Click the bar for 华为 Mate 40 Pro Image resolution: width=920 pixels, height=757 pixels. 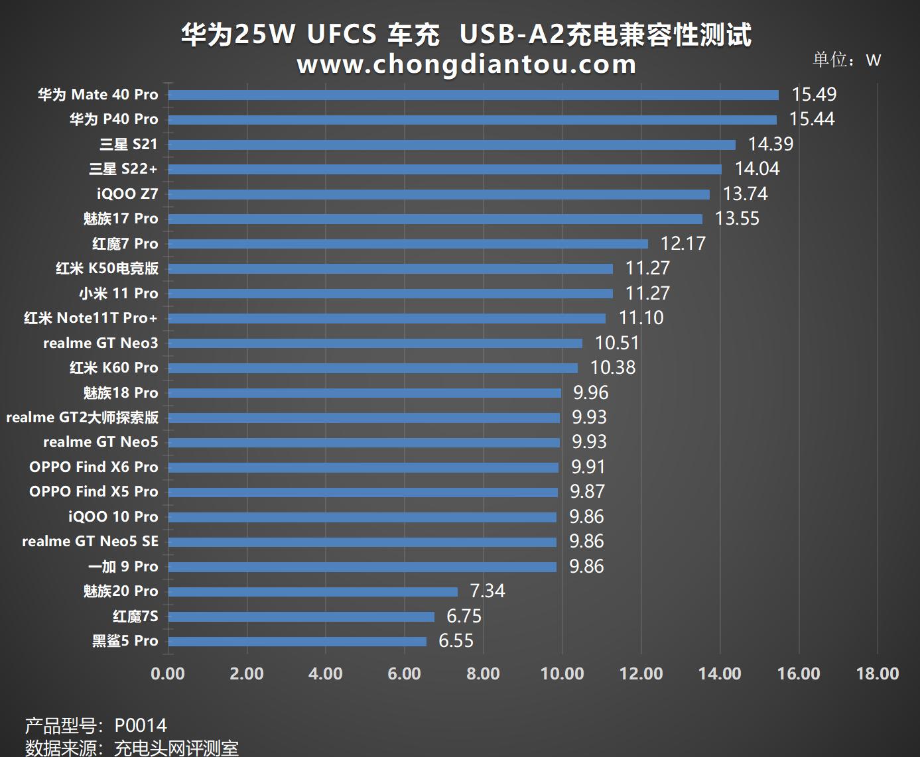click(x=473, y=95)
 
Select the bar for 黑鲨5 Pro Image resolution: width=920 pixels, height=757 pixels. click(x=297, y=641)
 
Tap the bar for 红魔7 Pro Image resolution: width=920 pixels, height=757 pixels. click(x=408, y=244)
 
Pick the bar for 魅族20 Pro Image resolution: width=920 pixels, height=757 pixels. click(x=312, y=591)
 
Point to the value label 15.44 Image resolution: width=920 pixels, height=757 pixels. click(x=812, y=119)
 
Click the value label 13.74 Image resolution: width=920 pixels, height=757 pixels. click(x=745, y=194)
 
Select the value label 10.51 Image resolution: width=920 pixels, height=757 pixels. click(x=617, y=343)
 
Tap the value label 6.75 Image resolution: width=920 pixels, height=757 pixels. click(x=464, y=616)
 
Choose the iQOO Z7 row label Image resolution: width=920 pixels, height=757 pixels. click(x=127, y=194)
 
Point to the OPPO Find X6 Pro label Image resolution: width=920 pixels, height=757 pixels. click(x=94, y=467)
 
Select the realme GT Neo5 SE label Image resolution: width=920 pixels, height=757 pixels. click(x=90, y=542)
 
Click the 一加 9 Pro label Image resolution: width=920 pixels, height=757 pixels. click(x=123, y=567)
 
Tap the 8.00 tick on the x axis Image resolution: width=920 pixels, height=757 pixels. click(x=483, y=674)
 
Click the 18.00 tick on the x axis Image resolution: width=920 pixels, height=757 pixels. click(x=877, y=674)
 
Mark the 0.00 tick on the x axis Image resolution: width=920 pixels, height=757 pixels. click(x=168, y=674)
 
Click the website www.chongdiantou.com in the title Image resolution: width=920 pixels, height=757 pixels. click(x=466, y=65)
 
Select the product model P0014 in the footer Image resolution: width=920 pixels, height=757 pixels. click(x=141, y=726)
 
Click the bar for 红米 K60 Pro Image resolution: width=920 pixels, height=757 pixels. click(x=373, y=368)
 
